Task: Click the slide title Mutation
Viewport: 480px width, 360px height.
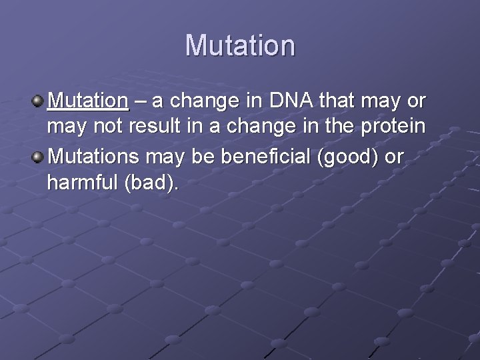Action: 240,45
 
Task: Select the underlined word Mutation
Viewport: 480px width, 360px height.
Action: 88,101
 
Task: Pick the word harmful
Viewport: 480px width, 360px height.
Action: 83,183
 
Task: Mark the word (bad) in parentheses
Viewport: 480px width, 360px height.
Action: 151,183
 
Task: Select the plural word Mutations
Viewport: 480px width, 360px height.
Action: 95,157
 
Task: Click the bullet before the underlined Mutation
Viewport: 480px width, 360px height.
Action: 37,102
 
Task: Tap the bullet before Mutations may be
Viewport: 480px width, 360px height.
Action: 37,158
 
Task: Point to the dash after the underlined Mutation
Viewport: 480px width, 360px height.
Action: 140,102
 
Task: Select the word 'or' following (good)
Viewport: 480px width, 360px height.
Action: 395,158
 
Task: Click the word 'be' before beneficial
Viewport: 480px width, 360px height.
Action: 201,157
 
